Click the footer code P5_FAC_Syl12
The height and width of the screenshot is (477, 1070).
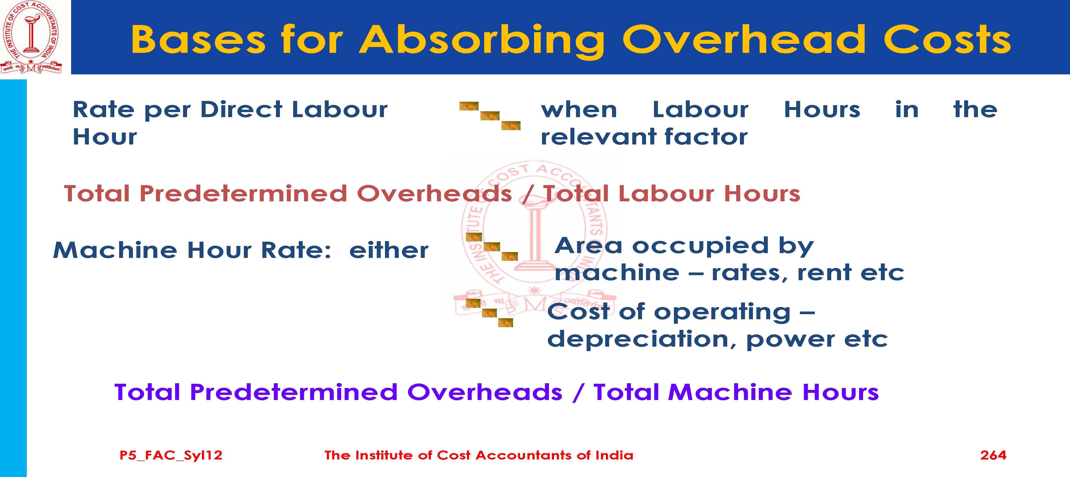171,455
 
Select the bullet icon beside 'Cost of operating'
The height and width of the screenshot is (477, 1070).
489,313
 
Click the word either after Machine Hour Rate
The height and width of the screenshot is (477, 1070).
389,250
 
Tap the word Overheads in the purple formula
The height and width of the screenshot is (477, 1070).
485,392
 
